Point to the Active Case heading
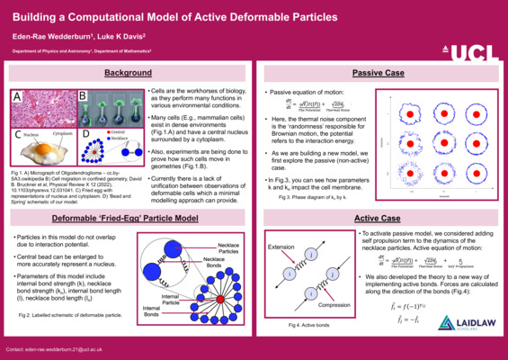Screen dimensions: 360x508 (378, 218)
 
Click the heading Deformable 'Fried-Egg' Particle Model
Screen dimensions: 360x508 (127, 218)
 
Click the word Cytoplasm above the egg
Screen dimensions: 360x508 (64, 133)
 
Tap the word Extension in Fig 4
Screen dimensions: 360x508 (282, 245)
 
